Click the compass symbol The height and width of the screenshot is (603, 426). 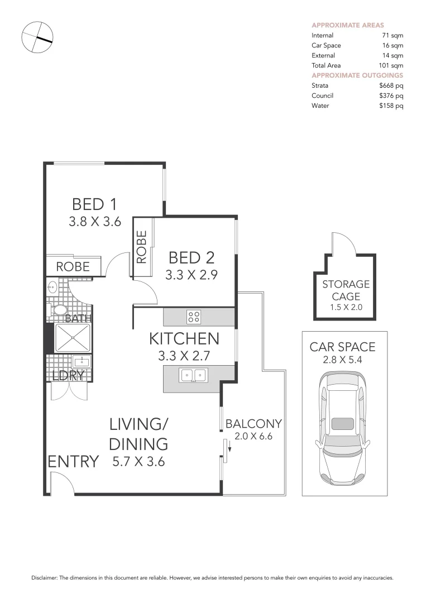(37, 38)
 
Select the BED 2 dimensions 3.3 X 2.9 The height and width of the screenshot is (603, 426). (191, 275)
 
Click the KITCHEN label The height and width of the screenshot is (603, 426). (184, 338)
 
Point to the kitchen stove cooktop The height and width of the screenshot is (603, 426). (194, 317)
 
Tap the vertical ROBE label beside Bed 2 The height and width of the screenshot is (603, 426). (142, 247)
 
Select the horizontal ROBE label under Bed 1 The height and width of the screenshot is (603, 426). (73, 267)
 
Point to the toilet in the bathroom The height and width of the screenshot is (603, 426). (59, 310)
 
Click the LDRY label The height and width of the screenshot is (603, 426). (68, 376)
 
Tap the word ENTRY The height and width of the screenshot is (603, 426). (73, 462)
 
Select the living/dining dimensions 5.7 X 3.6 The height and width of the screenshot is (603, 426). (138, 462)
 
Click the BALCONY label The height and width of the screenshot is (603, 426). (253, 424)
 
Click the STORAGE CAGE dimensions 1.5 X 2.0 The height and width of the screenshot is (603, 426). (346, 308)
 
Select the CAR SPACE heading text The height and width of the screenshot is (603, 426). (342, 347)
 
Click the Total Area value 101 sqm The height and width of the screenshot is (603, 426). (391, 65)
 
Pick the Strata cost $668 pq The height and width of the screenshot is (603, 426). (391, 85)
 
